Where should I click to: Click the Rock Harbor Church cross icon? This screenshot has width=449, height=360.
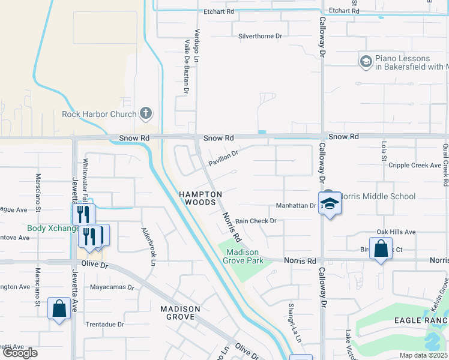tap(146, 113)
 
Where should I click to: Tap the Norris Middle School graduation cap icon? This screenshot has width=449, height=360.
tap(328, 204)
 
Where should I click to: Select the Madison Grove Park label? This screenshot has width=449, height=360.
tap(243, 257)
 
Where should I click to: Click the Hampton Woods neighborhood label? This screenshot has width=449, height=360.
tap(200, 199)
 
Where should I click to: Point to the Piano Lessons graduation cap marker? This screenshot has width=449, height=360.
tap(366, 62)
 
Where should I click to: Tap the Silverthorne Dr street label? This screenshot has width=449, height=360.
tap(260, 36)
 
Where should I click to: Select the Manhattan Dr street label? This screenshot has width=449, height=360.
tap(295, 206)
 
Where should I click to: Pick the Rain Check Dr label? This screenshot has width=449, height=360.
tap(255, 221)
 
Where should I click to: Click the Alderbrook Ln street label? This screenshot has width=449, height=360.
tap(148, 246)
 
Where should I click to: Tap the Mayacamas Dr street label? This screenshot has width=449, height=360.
tap(112, 287)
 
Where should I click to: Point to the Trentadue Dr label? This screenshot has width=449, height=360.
tap(104, 324)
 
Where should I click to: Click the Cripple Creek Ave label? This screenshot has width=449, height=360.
tap(415, 165)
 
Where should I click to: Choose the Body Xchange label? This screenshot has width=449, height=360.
tap(53, 229)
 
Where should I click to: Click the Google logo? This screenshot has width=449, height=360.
tap(20, 353)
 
